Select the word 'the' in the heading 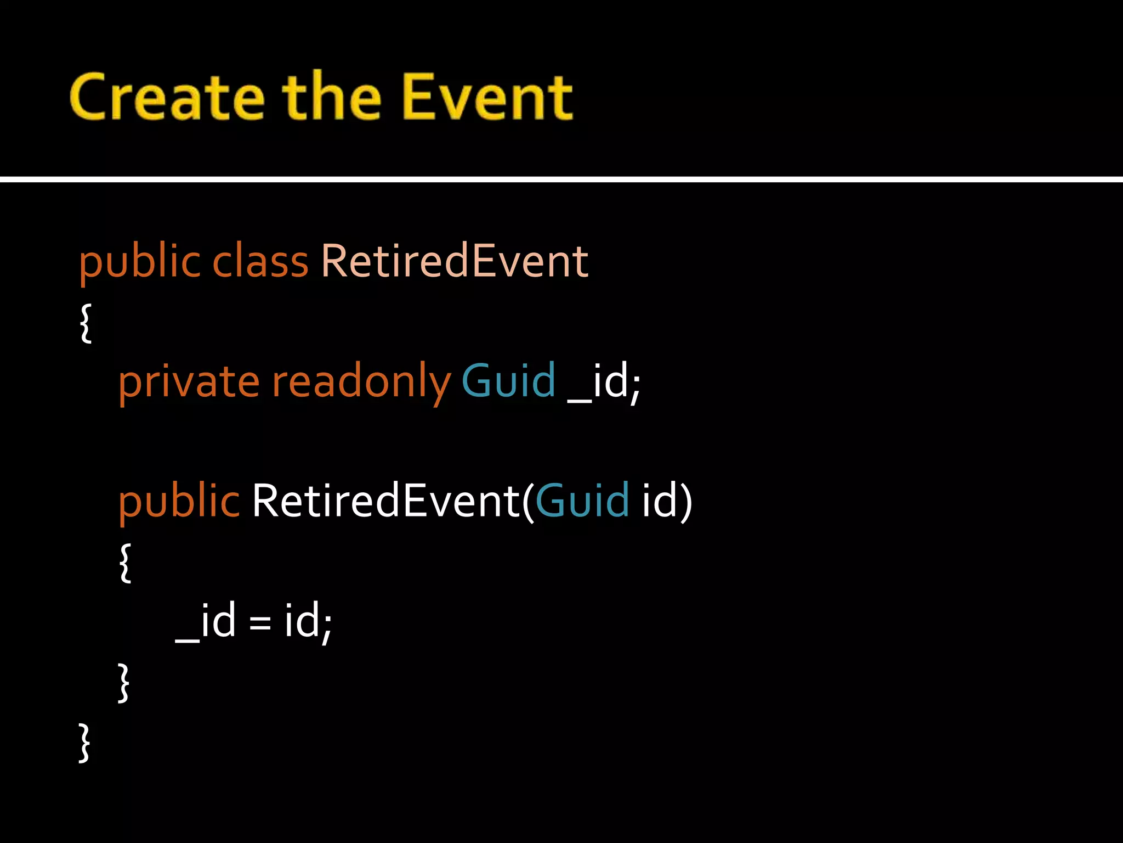click(331, 98)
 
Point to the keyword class click(260, 261)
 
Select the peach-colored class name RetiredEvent click(454, 261)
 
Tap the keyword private click(189, 382)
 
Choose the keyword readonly click(361, 382)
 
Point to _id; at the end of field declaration click(604, 382)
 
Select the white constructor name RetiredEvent click(385, 501)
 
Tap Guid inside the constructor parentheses click(582, 501)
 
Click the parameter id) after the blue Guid click(667, 501)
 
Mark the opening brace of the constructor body click(125, 563)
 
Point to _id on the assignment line click(206, 621)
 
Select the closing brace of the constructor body click(124, 683)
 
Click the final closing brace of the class click(84, 743)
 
